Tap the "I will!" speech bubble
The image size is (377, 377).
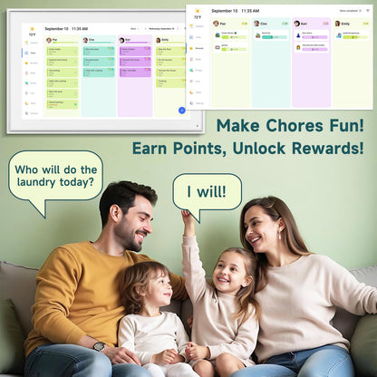pyautogui.click(x=207, y=192)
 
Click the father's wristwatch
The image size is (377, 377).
pyautogui.click(x=99, y=345)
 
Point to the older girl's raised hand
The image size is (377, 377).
pyautogui.click(x=188, y=217)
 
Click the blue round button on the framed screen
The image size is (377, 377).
pyautogui.click(x=181, y=110)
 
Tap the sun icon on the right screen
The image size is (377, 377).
pyautogui.click(x=197, y=11)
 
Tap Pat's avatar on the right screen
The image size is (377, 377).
pyautogui.click(x=216, y=24)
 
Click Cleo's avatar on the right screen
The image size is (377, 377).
pyautogui.click(x=256, y=24)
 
